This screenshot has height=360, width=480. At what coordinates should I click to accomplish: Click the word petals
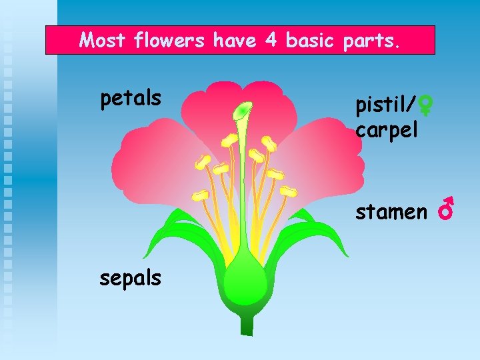(x=131, y=99)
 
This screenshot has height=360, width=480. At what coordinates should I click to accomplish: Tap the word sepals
(x=131, y=277)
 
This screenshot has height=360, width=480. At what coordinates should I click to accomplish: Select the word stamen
(x=391, y=212)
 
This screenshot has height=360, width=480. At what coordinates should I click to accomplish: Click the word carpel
(x=387, y=129)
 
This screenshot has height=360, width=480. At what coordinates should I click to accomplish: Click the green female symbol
(x=427, y=104)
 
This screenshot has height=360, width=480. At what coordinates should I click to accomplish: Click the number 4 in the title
(x=271, y=41)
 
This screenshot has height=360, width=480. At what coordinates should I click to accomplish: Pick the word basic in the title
(x=312, y=41)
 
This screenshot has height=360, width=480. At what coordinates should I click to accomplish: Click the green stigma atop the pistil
(x=243, y=108)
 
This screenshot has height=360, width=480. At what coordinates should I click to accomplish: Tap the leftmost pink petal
(x=143, y=160)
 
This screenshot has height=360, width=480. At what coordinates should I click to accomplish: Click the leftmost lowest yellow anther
(x=200, y=195)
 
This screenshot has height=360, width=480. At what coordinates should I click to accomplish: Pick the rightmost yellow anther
(x=288, y=191)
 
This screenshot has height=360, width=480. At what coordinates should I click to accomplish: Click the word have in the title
(x=235, y=41)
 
